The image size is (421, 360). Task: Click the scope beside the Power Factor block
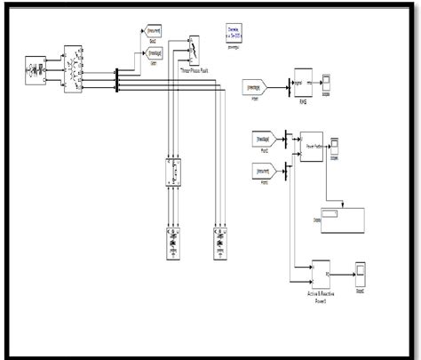[336, 142]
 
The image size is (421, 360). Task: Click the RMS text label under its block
[308, 104]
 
